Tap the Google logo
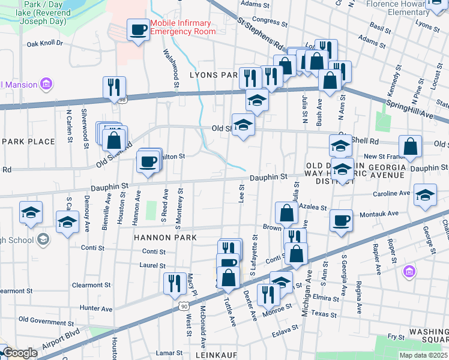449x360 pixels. (x=20, y=353)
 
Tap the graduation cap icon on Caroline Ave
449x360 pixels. (x=425, y=196)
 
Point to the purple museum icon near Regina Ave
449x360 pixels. (x=410, y=272)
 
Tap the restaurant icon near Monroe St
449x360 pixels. (x=268, y=295)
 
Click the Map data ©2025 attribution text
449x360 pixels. (x=423, y=355)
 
